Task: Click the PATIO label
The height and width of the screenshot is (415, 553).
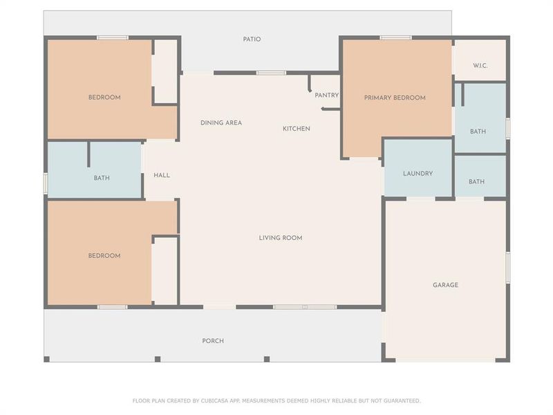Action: coord(252,39)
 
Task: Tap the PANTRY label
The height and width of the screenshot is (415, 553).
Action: coord(326,95)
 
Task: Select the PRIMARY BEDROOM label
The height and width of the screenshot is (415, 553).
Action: coord(395,98)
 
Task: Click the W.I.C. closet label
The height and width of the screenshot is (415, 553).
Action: coord(480,66)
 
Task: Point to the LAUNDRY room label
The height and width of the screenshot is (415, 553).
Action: coord(418,174)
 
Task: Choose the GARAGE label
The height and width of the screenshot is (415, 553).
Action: coord(445,285)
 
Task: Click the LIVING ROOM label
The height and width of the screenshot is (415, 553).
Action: coord(280,238)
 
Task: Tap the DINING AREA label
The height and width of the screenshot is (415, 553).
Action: coord(221,123)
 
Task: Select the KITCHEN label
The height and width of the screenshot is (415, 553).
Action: coord(297,129)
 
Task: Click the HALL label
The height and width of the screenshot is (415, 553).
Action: coord(162,175)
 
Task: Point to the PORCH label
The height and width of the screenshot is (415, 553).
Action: coord(213,341)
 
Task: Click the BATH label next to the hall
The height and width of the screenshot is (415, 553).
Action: coord(102,178)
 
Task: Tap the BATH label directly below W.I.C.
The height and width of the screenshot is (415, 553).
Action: coord(478,131)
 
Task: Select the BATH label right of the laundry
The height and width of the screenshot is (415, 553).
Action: coord(476,182)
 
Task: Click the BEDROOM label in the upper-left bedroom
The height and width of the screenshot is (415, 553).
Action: coord(104,98)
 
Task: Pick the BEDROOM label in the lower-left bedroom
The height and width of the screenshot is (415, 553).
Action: coord(104,256)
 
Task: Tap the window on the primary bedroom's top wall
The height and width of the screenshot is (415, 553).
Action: coord(395,37)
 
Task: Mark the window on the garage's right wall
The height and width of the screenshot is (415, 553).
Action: coord(508,267)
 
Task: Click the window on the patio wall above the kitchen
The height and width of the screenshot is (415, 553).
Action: coord(271,73)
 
